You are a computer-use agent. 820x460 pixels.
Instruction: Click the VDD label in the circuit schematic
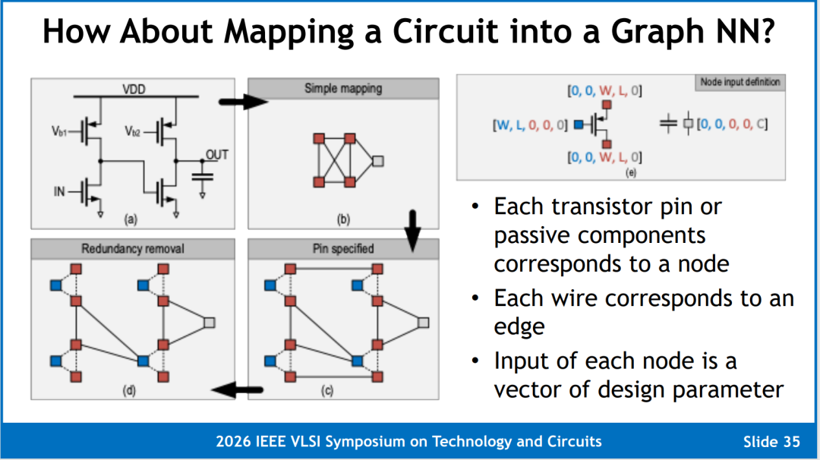(134, 90)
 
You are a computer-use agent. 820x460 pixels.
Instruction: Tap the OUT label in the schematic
(217, 155)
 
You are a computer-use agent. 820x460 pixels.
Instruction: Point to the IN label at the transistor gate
(59, 192)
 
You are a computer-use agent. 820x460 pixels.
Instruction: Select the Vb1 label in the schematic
(58, 131)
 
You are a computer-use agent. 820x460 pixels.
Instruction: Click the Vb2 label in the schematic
(132, 131)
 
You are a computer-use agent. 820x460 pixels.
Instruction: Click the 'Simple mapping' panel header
(343, 88)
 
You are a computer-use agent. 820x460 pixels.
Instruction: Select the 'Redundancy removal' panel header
(133, 249)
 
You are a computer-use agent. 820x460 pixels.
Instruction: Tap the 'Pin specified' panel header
(343, 249)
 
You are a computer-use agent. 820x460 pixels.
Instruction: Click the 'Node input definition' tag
(740, 82)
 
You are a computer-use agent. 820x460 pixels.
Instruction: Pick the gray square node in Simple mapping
(378, 161)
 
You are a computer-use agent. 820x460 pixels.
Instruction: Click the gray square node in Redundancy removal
(210, 323)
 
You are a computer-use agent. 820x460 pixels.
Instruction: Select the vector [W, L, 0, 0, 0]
(530, 125)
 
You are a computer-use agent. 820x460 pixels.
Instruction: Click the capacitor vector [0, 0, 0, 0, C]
(732, 124)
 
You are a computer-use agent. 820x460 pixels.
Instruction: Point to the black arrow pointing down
(412, 231)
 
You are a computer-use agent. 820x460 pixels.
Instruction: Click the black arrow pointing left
(237, 389)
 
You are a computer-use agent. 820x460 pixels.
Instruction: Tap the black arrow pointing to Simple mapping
(243, 102)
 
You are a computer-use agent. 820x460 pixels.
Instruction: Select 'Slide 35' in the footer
(771, 442)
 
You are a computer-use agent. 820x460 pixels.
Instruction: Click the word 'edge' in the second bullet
(519, 327)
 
